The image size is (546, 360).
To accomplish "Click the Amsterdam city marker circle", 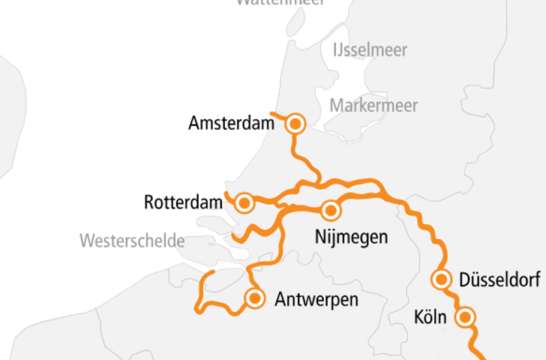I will click(x=295, y=124).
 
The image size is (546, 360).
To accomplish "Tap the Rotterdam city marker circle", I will click(x=244, y=202).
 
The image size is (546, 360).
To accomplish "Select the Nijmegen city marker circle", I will click(x=331, y=210).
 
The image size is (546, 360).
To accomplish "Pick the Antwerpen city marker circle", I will click(x=255, y=298).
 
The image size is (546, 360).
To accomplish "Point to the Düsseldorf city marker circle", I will click(x=442, y=280).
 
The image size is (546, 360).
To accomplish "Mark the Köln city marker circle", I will click(x=465, y=317).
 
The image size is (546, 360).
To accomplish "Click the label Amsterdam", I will click(x=231, y=123).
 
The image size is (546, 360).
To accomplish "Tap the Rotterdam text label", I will click(x=184, y=202).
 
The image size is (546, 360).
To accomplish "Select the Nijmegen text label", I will click(x=351, y=238).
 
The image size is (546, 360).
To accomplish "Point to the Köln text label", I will click(x=430, y=317).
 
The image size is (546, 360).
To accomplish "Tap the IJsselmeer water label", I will click(x=369, y=50).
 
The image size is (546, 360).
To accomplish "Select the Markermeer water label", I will click(x=373, y=105).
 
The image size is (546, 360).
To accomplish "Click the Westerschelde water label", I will click(x=132, y=241).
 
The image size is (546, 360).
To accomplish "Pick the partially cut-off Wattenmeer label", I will click(x=280, y=2).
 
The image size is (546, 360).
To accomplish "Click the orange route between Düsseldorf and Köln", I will click(x=454, y=298).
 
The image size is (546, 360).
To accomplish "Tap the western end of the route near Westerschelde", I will click(x=213, y=271).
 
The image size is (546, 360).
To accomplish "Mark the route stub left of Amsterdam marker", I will click(x=276, y=115).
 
